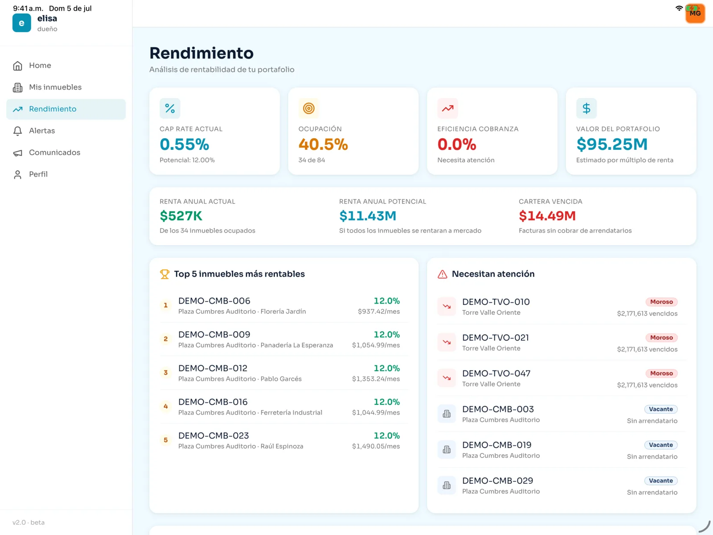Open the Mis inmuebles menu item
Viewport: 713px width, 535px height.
pos(55,87)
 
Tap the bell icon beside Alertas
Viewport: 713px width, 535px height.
pos(17,131)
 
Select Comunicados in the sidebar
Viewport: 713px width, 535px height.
pos(54,152)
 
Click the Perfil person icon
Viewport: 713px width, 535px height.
pos(17,174)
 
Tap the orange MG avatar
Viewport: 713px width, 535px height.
pos(695,13)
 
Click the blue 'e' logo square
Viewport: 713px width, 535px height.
pos(22,23)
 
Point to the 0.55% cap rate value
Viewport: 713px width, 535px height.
pos(184,144)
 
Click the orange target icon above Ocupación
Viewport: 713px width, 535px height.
pos(308,108)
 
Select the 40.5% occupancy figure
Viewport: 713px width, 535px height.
pos(323,144)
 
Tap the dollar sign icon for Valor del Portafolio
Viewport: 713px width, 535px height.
pos(586,108)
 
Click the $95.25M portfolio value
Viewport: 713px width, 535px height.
pos(612,144)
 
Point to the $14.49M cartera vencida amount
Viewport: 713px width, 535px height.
pos(547,216)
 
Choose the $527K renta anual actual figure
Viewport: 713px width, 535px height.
pos(181,216)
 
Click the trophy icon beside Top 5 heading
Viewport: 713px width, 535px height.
pos(165,274)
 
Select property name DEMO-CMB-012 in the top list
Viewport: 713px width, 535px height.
pos(213,368)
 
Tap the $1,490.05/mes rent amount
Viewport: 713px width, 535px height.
pos(376,446)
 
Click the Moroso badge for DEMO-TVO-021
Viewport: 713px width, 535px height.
pos(661,337)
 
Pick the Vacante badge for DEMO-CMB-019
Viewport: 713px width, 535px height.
pos(661,444)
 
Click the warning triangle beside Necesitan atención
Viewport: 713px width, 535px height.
pos(443,274)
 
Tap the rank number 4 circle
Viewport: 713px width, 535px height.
pos(166,406)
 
